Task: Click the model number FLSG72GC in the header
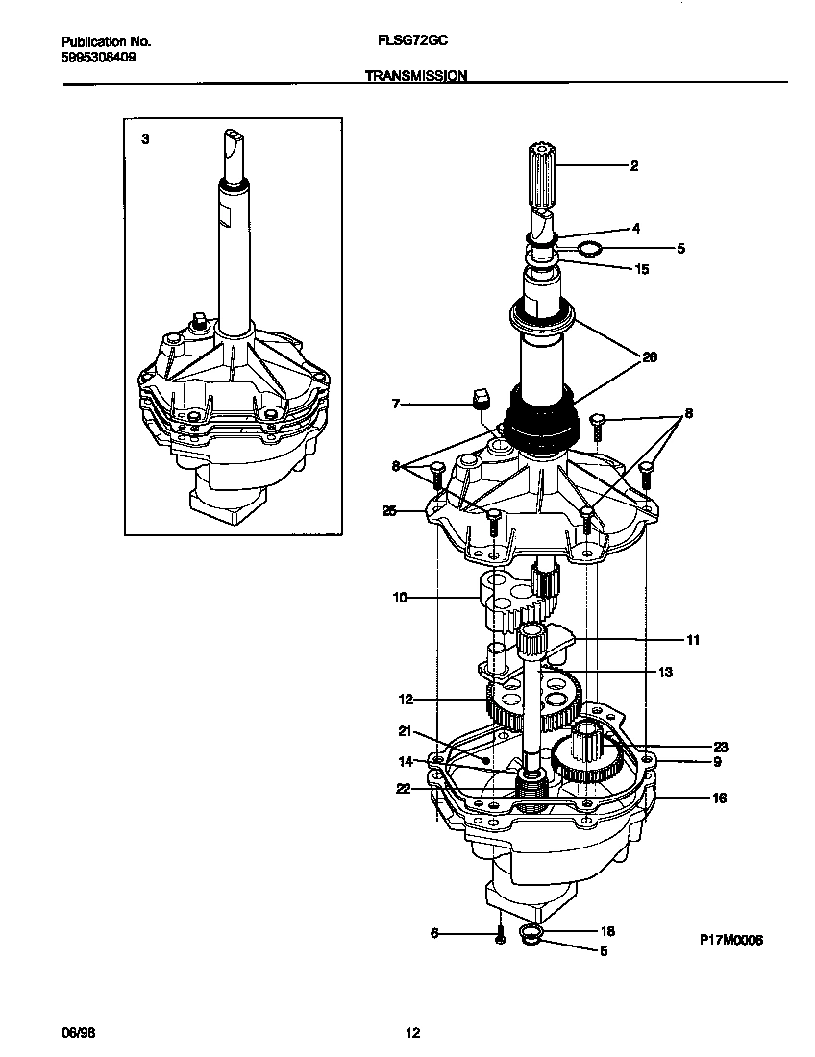tap(407, 42)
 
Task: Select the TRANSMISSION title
tap(416, 75)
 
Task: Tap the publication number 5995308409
tap(97, 57)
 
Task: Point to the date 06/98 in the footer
tap(79, 1033)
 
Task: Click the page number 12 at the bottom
tap(412, 1033)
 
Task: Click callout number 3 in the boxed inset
tap(145, 139)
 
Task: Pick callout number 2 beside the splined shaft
tap(633, 166)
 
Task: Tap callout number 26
tap(650, 357)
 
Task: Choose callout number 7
tap(394, 406)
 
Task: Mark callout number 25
tap(388, 510)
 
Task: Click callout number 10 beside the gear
tap(399, 598)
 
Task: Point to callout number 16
tap(719, 798)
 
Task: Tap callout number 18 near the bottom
tap(607, 931)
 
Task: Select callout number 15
tap(642, 269)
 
